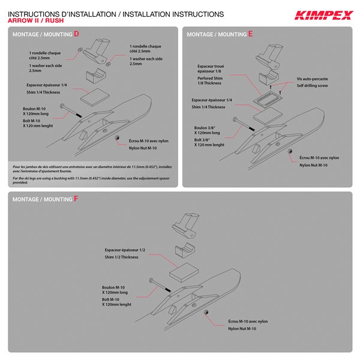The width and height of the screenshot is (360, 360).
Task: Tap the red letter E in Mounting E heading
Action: coord(250,34)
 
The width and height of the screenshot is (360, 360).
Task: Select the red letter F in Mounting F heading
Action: coord(76,198)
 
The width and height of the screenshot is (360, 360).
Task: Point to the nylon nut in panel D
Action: coord(116,137)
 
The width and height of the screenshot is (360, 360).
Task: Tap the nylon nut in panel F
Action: coord(206,314)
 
